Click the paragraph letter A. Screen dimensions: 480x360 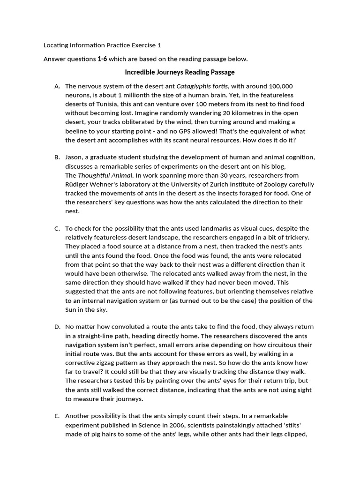tap(57, 86)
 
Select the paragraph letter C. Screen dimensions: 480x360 tap(57, 229)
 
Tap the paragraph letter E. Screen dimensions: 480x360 tap(57, 416)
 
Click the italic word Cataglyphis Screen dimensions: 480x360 tap(193, 86)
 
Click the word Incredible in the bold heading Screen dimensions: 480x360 tap(139, 73)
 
